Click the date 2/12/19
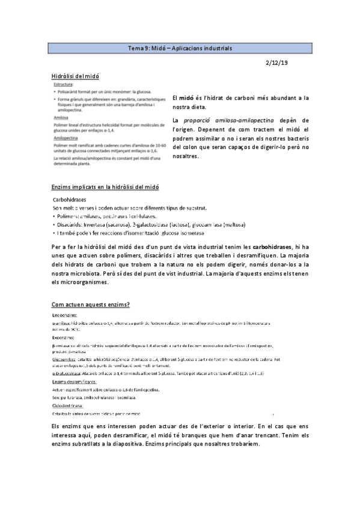point(278,62)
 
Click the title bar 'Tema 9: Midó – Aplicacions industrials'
point(180,48)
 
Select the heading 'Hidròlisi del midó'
point(75,76)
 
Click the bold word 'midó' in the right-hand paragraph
point(187,97)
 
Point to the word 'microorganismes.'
point(85,281)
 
